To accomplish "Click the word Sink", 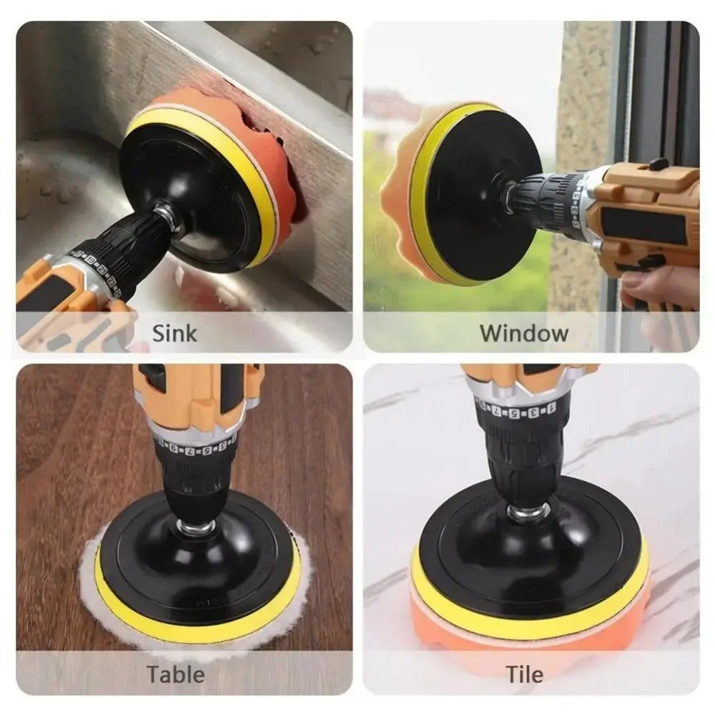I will (175, 332).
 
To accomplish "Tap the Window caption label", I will (523, 332).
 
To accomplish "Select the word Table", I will (175, 674).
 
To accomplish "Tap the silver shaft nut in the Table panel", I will (191, 527).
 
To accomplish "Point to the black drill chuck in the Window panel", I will (543, 193).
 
